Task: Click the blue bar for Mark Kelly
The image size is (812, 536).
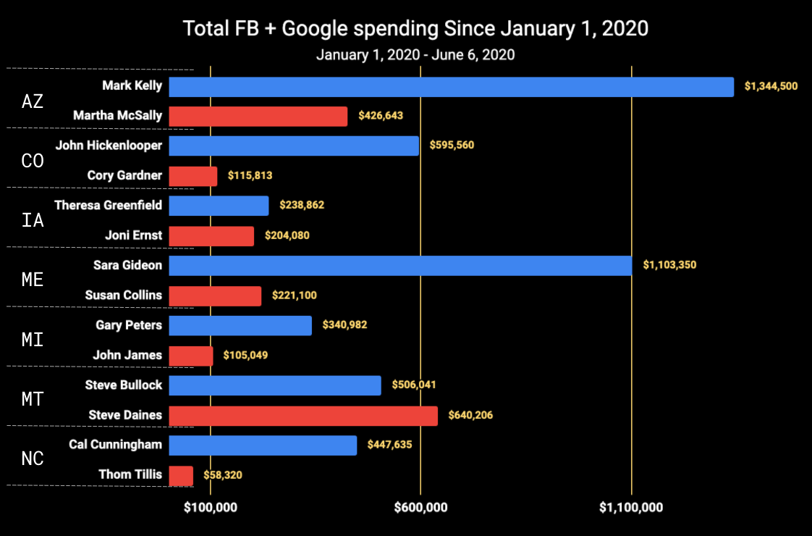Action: pyautogui.click(x=451, y=87)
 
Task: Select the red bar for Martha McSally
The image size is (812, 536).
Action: pyautogui.click(x=258, y=116)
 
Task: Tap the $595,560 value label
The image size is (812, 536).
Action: pyautogui.click(x=452, y=145)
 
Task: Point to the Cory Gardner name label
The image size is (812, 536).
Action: pyautogui.click(x=124, y=175)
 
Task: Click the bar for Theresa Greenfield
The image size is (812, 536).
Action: pyautogui.click(x=219, y=206)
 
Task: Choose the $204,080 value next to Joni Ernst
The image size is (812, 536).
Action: pyautogui.click(x=287, y=235)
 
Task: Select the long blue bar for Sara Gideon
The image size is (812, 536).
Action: pyautogui.click(x=400, y=265)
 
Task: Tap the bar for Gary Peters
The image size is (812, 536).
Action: pyautogui.click(x=240, y=325)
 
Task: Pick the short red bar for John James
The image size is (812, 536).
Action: pyautogui.click(x=191, y=356)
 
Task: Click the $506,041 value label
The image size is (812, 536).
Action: pyautogui.click(x=414, y=385)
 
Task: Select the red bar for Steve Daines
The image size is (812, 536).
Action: pyautogui.click(x=303, y=415)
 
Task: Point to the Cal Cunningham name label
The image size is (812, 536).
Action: pyautogui.click(x=116, y=444)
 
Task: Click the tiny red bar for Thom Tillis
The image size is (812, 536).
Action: pyautogui.click(x=181, y=475)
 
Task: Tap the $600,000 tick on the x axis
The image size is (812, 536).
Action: pyautogui.click(x=420, y=508)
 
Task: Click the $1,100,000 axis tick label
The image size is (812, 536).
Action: pyautogui.click(x=631, y=508)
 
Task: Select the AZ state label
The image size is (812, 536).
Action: pyautogui.click(x=33, y=101)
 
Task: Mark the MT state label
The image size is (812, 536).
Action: pyautogui.click(x=33, y=399)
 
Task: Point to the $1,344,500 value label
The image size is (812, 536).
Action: pyautogui.click(x=771, y=86)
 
